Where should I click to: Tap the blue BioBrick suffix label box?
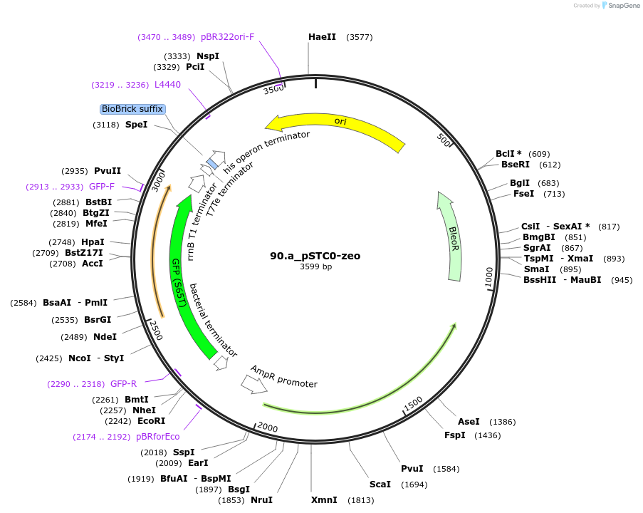132,109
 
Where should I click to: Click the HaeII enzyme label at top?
322,37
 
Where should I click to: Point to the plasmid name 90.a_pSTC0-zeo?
315,255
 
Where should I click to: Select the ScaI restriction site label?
380,484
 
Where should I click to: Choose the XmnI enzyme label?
324,500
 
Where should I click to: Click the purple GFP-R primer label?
123,384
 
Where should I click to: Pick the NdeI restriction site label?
105,337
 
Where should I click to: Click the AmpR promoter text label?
283,377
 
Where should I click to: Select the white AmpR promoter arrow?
253,384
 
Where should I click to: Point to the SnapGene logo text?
622,6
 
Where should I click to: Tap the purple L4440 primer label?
167,85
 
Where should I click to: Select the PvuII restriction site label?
108,171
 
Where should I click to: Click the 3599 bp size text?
315,267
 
